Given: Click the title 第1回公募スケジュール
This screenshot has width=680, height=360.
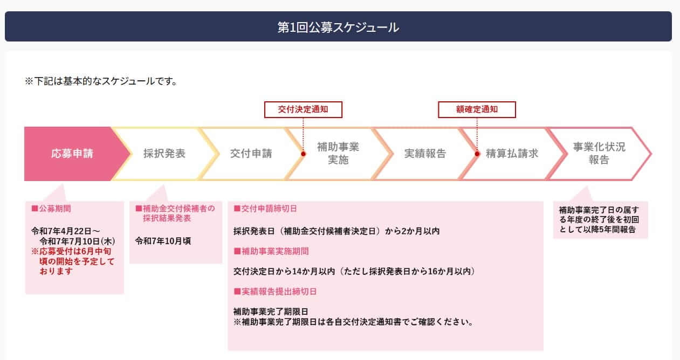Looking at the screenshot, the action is [x=338, y=27].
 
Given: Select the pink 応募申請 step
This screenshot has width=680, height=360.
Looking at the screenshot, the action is [x=72, y=154].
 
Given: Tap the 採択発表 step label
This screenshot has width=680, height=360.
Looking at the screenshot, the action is [x=164, y=154].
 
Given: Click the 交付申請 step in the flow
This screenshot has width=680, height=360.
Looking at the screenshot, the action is [x=251, y=154].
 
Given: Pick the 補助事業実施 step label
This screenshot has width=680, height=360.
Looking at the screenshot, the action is [x=338, y=154].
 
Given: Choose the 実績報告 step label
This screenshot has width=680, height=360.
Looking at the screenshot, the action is [x=425, y=154].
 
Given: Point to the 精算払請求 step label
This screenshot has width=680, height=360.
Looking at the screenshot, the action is [x=512, y=154].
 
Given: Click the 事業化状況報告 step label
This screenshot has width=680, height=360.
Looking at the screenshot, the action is [x=599, y=154].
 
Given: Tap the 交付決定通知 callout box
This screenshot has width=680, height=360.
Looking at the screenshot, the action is [x=303, y=109].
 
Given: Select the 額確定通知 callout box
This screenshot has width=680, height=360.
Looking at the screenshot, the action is [x=477, y=109].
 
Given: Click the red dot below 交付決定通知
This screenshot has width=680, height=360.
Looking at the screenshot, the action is [x=303, y=154].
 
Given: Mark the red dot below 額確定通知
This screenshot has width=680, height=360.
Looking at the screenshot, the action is [x=477, y=154].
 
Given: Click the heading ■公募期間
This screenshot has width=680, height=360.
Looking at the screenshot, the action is [x=51, y=209].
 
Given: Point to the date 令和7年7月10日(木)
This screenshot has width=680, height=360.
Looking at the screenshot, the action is [x=78, y=241].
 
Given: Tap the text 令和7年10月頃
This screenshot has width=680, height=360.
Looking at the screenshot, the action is [x=163, y=241].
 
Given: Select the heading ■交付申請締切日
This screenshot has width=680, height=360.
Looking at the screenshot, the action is [x=265, y=209].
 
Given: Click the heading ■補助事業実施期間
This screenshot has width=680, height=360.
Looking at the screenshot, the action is [x=271, y=251].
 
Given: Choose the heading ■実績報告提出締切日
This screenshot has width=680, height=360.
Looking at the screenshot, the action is [x=275, y=292].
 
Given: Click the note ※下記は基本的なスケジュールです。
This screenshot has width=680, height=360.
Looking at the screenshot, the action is [x=101, y=81].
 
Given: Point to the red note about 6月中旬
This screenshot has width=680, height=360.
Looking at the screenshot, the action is [x=73, y=261].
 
